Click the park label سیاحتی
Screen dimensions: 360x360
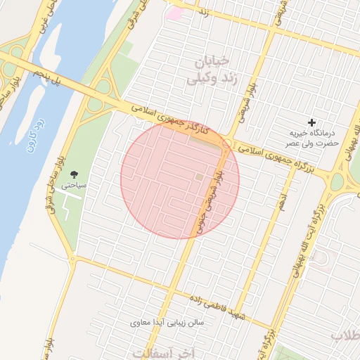73,186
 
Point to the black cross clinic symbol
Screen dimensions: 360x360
312,122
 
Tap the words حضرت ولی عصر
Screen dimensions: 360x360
314,143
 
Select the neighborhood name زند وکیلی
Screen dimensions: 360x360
209,79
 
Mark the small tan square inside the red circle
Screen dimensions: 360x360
200,177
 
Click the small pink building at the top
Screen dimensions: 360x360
174,13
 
